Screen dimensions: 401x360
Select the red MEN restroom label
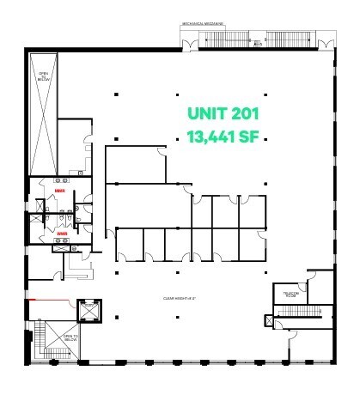click(x=59, y=191)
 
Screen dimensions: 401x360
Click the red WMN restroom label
click(x=62, y=233)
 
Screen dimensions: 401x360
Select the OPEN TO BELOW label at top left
click(x=43, y=76)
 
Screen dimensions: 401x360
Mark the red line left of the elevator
click(x=52, y=301)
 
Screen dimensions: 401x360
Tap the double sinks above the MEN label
click(x=62, y=181)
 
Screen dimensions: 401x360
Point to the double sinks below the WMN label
click(x=63, y=243)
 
